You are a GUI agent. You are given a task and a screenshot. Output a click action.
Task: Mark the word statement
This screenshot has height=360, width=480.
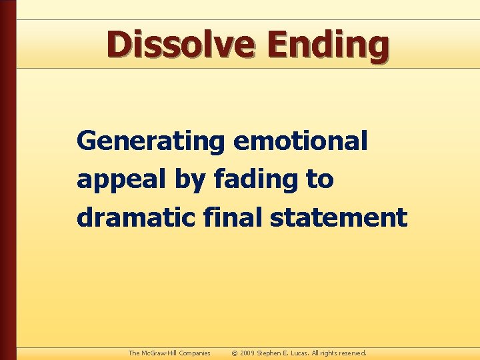[x=339, y=218]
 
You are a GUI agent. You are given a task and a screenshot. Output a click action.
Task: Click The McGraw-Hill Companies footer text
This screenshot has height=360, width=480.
[x=169, y=353]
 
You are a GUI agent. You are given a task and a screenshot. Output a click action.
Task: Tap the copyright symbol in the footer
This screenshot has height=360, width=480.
[x=234, y=353]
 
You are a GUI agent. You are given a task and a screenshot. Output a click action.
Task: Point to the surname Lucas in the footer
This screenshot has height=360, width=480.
[x=303, y=353]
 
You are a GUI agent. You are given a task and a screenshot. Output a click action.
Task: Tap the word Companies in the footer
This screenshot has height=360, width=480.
[x=194, y=353]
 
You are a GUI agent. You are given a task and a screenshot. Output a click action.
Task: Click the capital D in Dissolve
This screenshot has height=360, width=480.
[x=119, y=45]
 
